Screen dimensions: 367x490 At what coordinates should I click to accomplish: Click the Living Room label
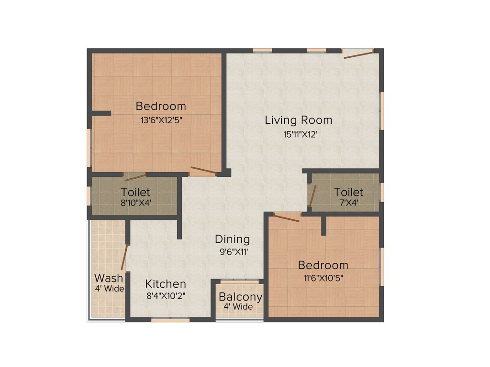[x=298, y=120]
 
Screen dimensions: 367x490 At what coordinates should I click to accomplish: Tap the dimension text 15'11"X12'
[x=301, y=135]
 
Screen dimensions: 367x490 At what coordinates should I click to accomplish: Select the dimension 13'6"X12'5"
[x=161, y=120]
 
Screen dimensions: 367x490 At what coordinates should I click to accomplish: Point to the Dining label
[x=232, y=239]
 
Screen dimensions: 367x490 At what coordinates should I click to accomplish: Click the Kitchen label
[x=166, y=284]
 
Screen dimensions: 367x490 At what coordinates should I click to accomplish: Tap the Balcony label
[x=240, y=297]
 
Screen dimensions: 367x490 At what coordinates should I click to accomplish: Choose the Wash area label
[x=109, y=278]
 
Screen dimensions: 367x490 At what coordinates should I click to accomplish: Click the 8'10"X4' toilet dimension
[x=135, y=203]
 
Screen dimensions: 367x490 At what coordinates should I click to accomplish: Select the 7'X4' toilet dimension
[x=348, y=203]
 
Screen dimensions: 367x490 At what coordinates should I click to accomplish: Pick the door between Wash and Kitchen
[x=125, y=257]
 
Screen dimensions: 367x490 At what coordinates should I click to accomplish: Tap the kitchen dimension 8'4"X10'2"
[x=166, y=295]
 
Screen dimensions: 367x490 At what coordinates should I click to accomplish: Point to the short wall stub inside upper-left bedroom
[x=101, y=113]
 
